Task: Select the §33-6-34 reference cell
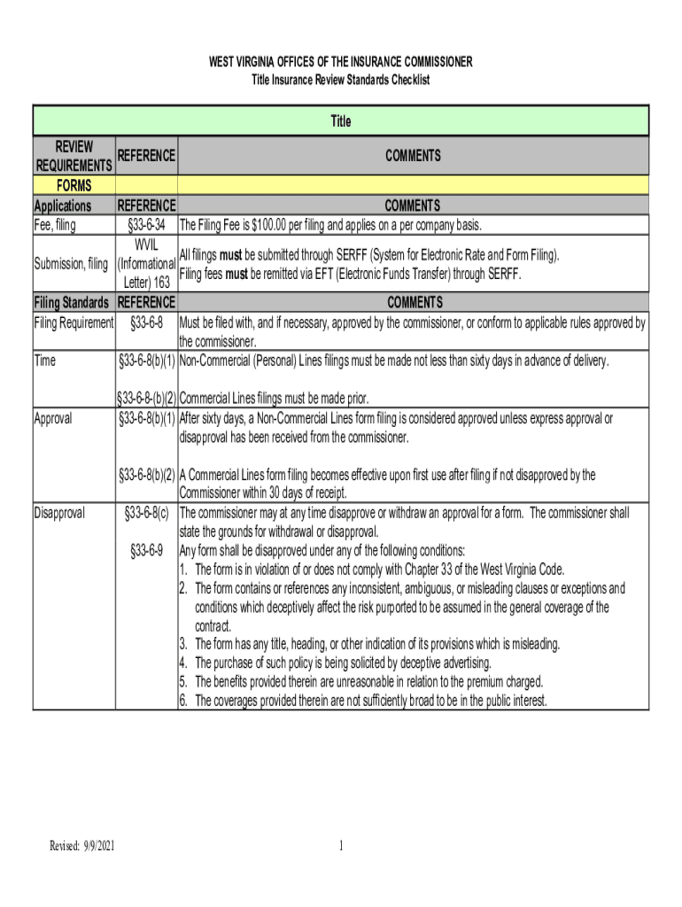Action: click(x=146, y=225)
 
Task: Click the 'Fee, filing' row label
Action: click(x=55, y=225)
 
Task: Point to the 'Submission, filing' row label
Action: click(x=72, y=264)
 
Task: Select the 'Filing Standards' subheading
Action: click(x=74, y=302)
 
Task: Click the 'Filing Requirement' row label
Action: click(x=74, y=322)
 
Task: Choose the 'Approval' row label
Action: click(x=53, y=418)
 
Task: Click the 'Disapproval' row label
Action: click(x=59, y=512)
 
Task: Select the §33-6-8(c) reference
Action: click(x=146, y=512)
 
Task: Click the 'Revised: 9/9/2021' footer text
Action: click(x=82, y=847)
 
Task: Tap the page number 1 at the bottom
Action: click(x=341, y=847)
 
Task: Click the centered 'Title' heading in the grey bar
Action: click(x=341, y=121)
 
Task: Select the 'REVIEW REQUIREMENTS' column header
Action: click(x=74, y=156)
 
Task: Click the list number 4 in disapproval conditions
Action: click(x=182, y=663)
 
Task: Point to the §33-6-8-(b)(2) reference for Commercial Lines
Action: click(x=146, y=399)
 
